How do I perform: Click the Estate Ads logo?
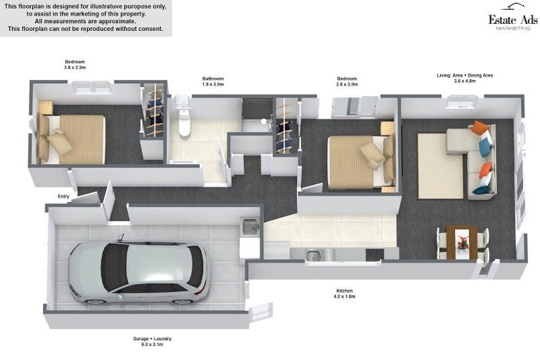click(x=513, y=17)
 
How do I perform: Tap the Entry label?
click(x=63, y=196)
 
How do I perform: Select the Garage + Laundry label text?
click(x=152, y=339)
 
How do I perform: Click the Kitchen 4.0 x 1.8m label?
click(x=345, y=293)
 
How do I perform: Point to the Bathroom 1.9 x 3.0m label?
click(x=213, y=82)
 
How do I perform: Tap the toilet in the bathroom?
click(x=184, y=117)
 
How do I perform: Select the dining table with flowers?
click(x=462, y=242)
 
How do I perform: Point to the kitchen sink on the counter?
click(x=313, y=255)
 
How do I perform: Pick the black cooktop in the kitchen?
click(x=375, y=255)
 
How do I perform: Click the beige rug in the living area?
click(x=441, y=166)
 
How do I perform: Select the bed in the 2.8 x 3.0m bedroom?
click(x=361, y=162)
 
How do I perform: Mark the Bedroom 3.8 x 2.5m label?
click(x=75, y=65)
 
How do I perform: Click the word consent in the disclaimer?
click(x=151, y=29)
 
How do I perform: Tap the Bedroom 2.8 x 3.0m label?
click(x=347, y=82)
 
